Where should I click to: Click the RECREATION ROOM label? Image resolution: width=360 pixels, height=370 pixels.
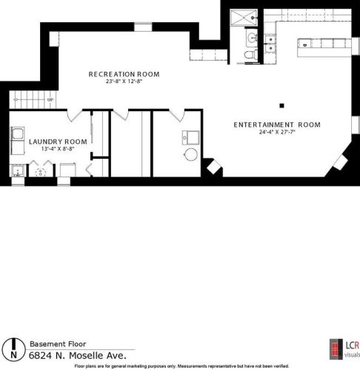124,74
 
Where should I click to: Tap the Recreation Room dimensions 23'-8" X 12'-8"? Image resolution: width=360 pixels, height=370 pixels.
124,82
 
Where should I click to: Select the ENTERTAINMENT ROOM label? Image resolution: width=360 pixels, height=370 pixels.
277,125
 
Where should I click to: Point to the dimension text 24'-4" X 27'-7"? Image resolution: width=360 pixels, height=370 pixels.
277,132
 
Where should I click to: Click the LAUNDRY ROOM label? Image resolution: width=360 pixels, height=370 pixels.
58,142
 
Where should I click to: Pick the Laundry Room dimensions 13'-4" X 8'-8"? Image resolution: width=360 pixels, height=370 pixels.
58,149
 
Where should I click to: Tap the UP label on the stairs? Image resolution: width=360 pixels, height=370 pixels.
50,100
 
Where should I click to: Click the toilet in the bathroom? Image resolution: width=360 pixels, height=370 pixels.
251,54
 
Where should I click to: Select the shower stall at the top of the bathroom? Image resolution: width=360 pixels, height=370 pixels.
244,17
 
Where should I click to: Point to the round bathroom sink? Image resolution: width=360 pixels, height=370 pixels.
253,38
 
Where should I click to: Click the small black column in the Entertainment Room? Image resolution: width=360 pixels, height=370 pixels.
281,106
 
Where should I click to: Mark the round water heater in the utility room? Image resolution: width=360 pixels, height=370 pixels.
190,155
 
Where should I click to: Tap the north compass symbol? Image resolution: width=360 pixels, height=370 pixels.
14,349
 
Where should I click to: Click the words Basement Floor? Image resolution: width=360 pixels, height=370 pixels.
58,344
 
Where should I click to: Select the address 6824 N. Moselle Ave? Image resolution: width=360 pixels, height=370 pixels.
78,355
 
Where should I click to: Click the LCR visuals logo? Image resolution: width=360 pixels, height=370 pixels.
344,349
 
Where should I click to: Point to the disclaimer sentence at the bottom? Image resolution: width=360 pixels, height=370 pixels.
181,366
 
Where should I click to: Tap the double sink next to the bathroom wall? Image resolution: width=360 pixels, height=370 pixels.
270,44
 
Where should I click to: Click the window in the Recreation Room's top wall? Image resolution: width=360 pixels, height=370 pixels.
143,27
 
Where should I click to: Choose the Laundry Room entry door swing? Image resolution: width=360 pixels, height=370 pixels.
75,116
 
